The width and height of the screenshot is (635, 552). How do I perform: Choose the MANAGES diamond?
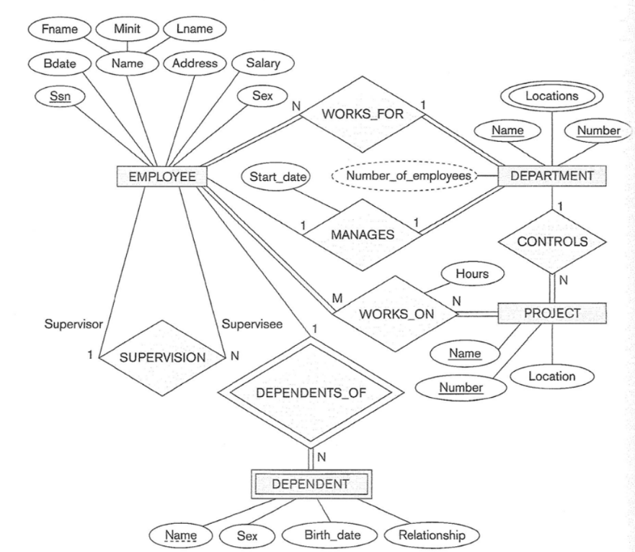[x=363, y=234]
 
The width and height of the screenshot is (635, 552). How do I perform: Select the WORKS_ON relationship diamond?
[x=394, y=313]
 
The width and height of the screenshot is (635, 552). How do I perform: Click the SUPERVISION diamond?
[x=162, y=356]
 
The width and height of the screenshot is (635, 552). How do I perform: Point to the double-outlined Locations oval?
[x=551, y=94]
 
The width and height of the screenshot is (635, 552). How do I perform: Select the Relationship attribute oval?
[x=432, y=535]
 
